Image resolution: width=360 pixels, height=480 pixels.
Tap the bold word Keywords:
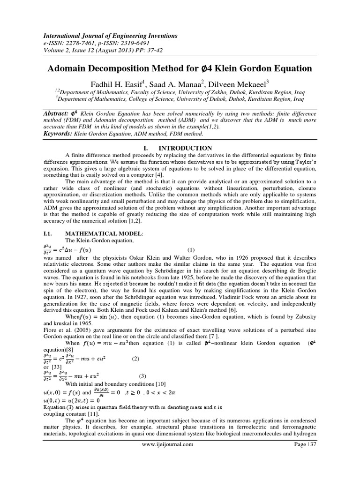tap(60, 134)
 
